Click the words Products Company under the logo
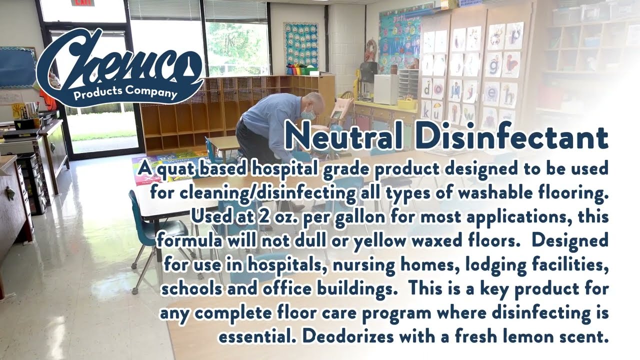(x=125, y=93)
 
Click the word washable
(x=498, y=193)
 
